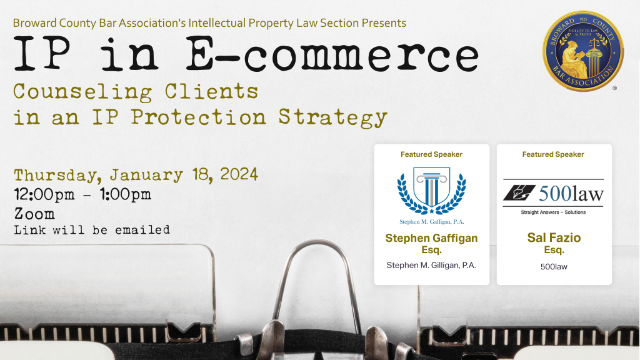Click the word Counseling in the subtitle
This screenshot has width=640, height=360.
pyautogui.click(x=82, y=92)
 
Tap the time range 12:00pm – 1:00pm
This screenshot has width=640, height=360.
pyautogui.click(x=82, y=194)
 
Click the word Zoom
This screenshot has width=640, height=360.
pyautogui.click(x=34, y=214)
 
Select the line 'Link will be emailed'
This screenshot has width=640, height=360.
pyautogui.click(x=92, y=230)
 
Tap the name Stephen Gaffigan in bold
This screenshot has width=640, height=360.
pyautogui.click(x=431, y=238)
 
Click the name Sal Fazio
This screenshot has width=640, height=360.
pyautogui.click(x=554, y=238)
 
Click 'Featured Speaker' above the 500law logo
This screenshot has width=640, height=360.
pyautogui.click(x=554, y=154)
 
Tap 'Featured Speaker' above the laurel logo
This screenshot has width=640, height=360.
pyautogui.click(x=431, y=154)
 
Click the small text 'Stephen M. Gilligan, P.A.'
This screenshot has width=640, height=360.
pyautogui.click(x=431, y=265)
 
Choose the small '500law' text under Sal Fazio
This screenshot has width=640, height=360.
pyautogui.click(x=554, y=266)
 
